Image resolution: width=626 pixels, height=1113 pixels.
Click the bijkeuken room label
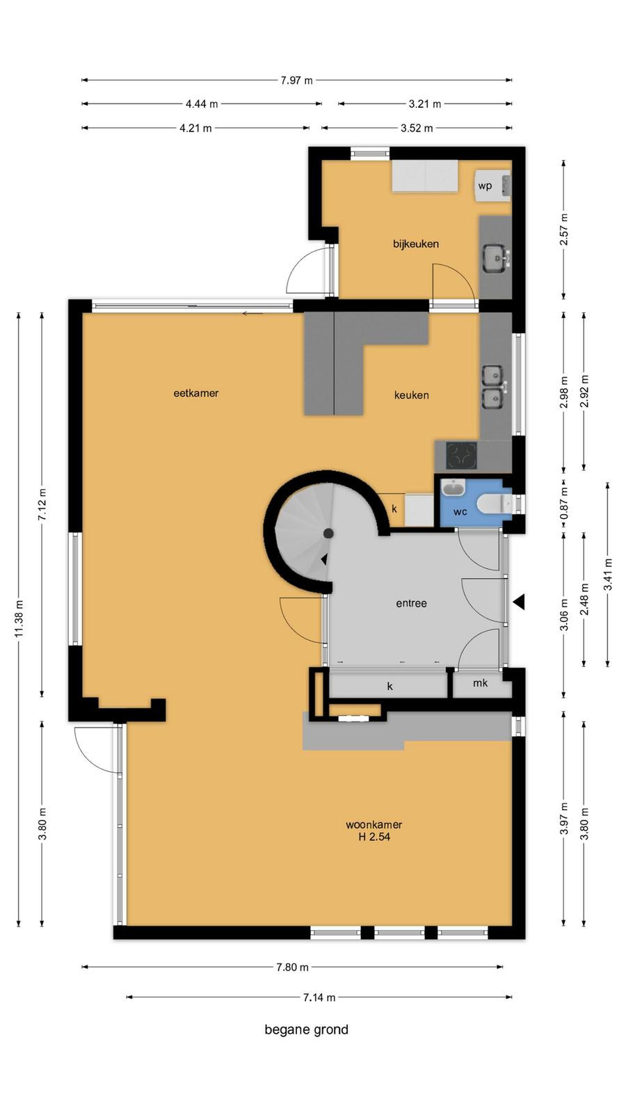click(416, 244)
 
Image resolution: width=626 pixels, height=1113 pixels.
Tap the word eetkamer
click(195, 393)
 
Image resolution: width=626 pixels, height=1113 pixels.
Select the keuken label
click(411, 395)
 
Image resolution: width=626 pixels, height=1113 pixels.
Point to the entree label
click(411, 603)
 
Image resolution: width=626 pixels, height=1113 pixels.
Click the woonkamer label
click(374, 824)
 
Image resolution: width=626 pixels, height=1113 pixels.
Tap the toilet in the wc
click(495, 504)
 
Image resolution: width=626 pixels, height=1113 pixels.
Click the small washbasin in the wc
click(452, 488)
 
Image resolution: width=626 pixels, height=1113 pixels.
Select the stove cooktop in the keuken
click(461, 455)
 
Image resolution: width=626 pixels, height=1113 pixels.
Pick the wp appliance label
click(485, 186)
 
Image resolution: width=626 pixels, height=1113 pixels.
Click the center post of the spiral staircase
click(328, 534)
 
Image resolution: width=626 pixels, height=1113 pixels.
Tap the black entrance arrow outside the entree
click(519, 602)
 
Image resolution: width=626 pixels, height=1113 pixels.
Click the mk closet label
click(481, 683)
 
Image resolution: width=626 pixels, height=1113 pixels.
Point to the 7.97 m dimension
click(296, 80)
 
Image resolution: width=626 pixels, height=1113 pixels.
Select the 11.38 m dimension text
click(19, 618)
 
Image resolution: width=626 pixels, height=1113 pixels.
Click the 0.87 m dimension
click(564, 502)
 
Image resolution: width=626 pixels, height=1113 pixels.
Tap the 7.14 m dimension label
click(319, 997)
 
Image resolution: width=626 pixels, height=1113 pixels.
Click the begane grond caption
click(307, 1030)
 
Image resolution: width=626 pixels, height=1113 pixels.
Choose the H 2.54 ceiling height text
click(374, 837)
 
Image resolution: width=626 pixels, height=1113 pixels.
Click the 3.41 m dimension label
click(608, 575)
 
